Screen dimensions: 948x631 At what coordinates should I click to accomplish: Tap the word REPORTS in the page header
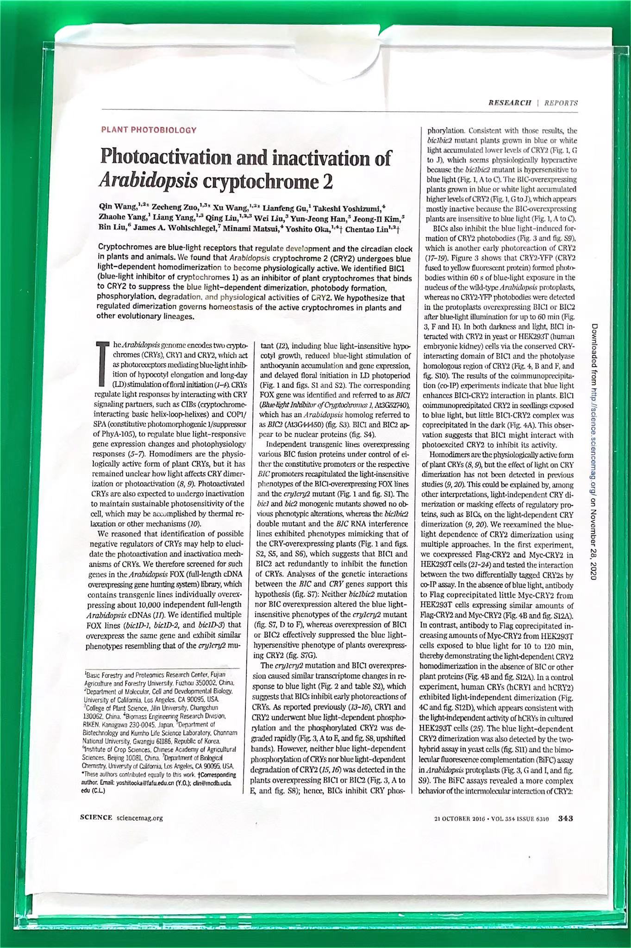561,103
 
